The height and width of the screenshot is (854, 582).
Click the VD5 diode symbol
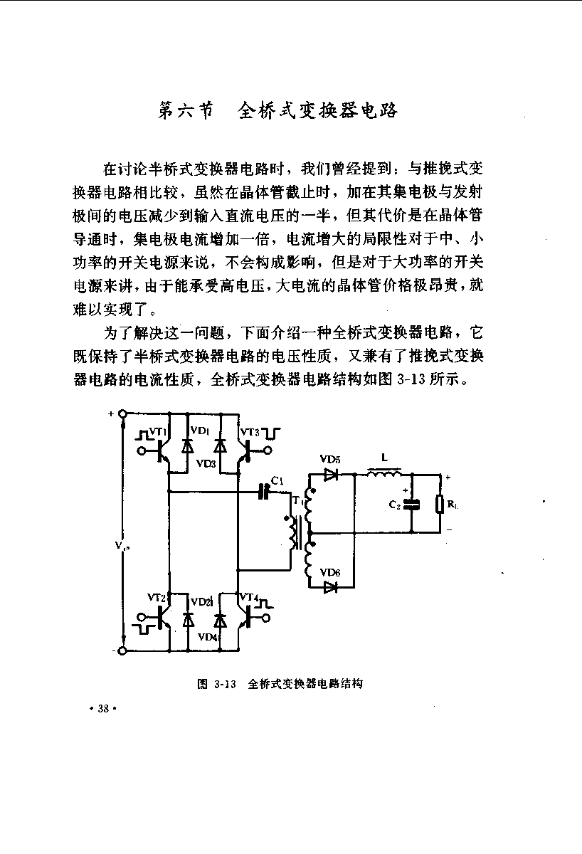coord(331,475)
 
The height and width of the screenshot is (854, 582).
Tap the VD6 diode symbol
coord(331,587)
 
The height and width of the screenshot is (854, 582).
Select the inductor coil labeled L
coord(384,473)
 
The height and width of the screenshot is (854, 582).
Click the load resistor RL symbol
coord(440,504)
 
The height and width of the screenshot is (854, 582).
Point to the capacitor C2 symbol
coord(412,505)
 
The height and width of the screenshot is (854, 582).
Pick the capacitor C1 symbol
coord(263,492)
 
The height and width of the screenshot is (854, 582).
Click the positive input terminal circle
coord(122,413)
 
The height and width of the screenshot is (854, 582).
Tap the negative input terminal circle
coord(122,650)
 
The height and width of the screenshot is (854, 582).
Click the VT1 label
coord(157,431)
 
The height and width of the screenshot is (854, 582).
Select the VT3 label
coord(250,432)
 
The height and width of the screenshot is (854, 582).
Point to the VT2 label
coord(156,597)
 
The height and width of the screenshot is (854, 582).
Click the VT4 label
coord(249,596)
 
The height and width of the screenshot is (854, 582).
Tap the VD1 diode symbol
coord(187,446)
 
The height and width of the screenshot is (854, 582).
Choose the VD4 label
coord(208,637)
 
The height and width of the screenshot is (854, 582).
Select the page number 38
coord(103,708)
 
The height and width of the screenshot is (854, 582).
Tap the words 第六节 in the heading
coord(186,110)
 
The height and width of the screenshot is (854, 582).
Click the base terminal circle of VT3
coord(268,450)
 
